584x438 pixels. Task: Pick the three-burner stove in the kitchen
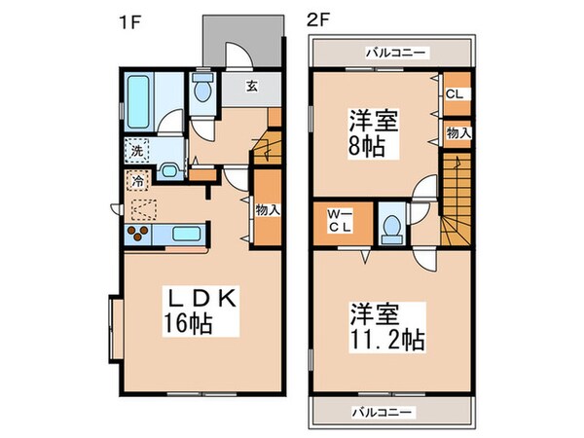tap(139, 233)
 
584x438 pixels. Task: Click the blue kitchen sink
tap(186, 233)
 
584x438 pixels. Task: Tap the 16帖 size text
tap(197, 321)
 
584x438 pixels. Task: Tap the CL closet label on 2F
tap(454, 94)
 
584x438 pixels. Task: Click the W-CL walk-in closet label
tap(338, 221)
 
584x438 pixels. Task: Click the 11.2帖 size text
tap(385, 340)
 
